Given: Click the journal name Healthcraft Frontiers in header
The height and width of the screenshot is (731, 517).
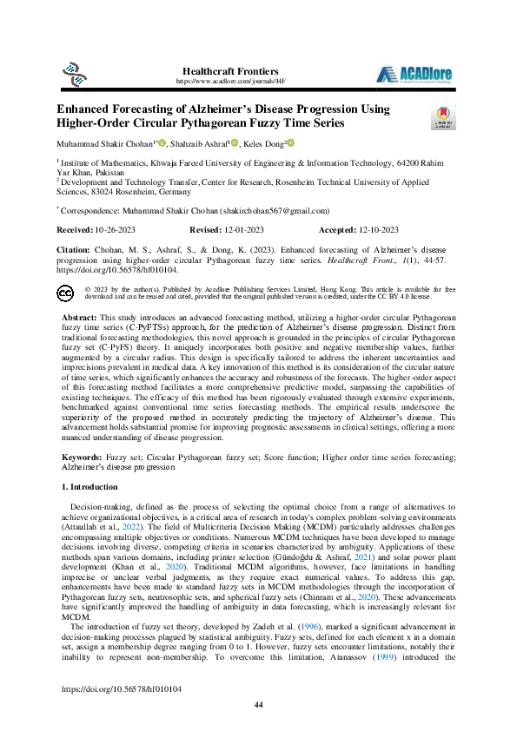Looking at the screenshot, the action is (x=230, y=70).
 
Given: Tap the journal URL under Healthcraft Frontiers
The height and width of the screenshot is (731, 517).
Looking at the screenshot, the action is (x=230, y=81).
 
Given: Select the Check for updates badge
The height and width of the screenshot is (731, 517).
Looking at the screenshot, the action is (x=443, y=119).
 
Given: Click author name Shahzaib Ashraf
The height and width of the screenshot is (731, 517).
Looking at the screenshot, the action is (x=201, y=144).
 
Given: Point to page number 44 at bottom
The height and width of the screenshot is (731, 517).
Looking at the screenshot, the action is (x=258, y=704).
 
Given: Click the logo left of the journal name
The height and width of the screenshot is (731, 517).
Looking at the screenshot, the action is (x=70, y=72).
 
